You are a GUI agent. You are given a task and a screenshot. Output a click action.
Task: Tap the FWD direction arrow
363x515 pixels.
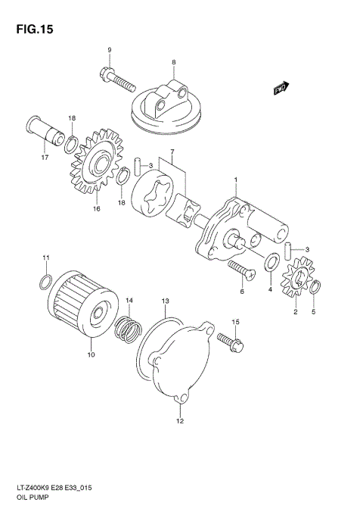pyautogui.click(x=282, y=89)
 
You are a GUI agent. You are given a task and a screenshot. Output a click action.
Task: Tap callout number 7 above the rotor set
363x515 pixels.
pyautogui.click(x=172, y=153)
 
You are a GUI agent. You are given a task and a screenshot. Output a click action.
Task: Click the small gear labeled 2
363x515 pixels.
pyautogui.click(x=298, y=285)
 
